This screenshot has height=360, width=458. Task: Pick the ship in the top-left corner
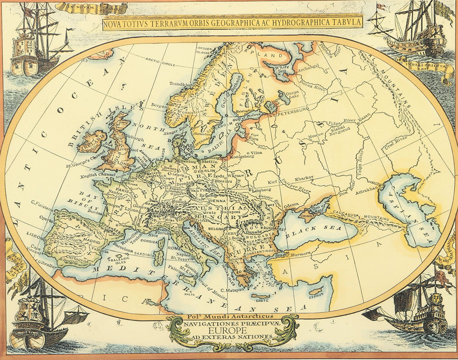[x=32, y=44]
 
